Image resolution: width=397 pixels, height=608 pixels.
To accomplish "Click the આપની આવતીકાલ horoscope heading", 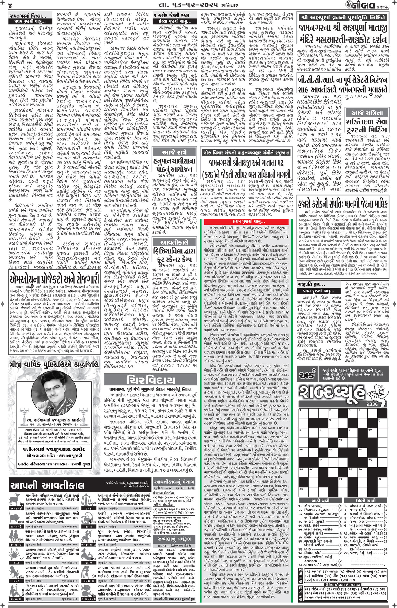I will pos(47,485).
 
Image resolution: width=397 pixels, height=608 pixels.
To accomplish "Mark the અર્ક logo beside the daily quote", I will pos(306,375).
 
